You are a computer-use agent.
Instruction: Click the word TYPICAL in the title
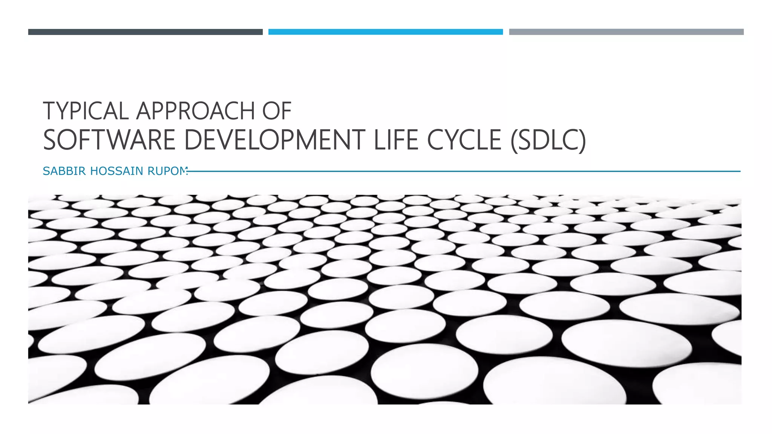point(86,111)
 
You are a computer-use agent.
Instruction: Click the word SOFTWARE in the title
point(109,140)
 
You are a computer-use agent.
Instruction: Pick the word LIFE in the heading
point(396,140)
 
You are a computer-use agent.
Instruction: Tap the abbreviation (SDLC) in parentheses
point(548,140)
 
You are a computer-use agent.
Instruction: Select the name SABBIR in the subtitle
point(64,171)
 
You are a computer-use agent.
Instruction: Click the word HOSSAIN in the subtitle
point(116,171)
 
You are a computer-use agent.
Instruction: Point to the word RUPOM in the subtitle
point(167,171)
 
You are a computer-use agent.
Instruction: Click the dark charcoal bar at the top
point(145,32)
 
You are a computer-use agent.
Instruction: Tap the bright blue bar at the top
point(385,32)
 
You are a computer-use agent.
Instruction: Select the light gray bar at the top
point(626,32)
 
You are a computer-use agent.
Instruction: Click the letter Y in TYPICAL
point(64,111)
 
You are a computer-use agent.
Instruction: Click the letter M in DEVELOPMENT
point(324,140)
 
